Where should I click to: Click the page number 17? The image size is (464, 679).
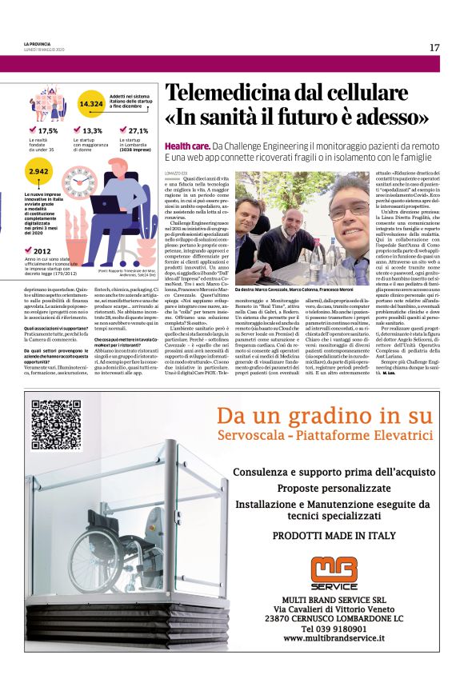(x=434, y=47)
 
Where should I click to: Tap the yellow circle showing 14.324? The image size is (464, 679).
(x=91, y=104)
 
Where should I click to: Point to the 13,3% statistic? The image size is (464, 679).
(x=92, y=130)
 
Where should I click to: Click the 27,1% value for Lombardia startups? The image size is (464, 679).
(x=138, y=130)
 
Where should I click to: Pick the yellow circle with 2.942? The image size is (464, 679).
(x=38, y=172)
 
